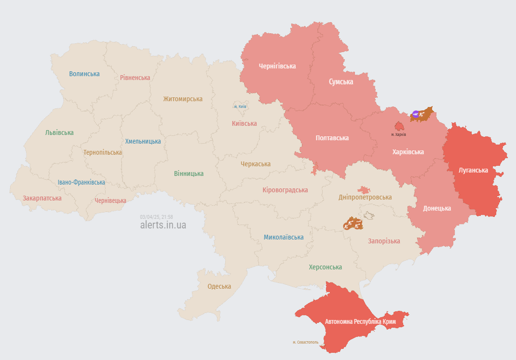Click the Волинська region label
coord(84,74)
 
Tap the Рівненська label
coord(135,78)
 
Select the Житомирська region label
coord(183,99)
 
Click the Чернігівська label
coord(277,66)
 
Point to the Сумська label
coord(341,82)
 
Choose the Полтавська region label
coord(332,138)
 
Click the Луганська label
coord(473,170)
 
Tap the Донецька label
coord(437,208)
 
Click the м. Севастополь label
coord(305,342)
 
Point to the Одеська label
coord(219,286)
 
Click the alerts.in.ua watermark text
coord(163,225)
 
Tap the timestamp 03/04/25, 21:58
coord(156,217)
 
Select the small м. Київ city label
coord(240,107)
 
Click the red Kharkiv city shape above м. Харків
coord(400,126)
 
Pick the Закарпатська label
coord(42,198)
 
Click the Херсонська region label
coord(325,267)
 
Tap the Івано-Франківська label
coord(81,182)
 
